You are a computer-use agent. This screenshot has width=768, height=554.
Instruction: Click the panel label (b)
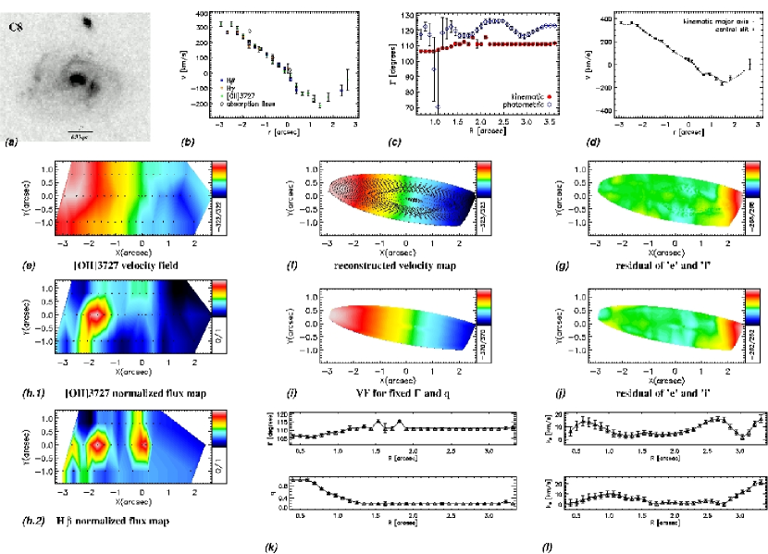(188, 142)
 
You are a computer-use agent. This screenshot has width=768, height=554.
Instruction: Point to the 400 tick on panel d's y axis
(601, 18)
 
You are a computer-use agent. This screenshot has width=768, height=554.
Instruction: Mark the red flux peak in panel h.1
(94, 314)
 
